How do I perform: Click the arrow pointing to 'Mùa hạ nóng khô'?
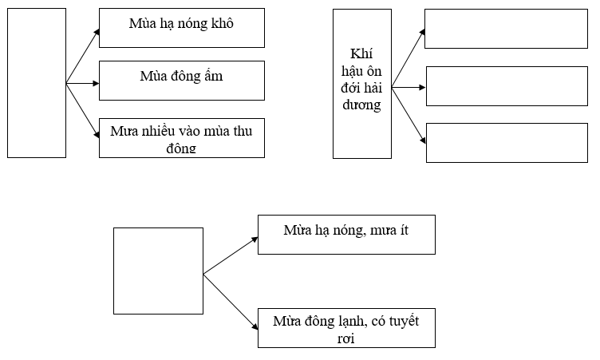(83, 56)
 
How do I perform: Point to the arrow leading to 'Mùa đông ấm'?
(83, 83)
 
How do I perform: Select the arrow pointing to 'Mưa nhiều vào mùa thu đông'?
(83, 110)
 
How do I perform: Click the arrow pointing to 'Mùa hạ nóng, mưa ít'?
(231, 255)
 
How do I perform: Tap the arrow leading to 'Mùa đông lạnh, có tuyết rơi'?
(231, 302)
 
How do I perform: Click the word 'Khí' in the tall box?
(361, 53)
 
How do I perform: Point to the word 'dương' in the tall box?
(361, 105)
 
